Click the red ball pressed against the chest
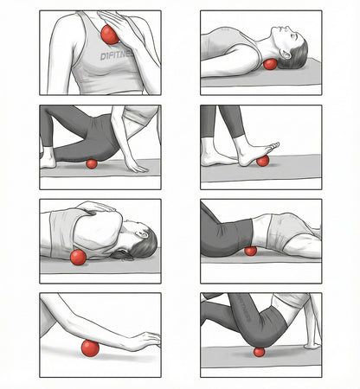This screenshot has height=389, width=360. point(109,35)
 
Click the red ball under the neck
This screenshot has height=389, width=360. point(271,64)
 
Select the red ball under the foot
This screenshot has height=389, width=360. point(262,160)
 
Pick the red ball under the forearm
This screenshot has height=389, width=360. point(89,348)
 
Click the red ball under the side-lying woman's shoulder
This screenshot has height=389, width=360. point(78,257)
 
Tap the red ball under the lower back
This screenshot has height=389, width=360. point(250,251)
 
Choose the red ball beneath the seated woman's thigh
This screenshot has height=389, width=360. point(258,351)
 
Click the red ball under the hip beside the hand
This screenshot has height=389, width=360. point(92,163)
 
